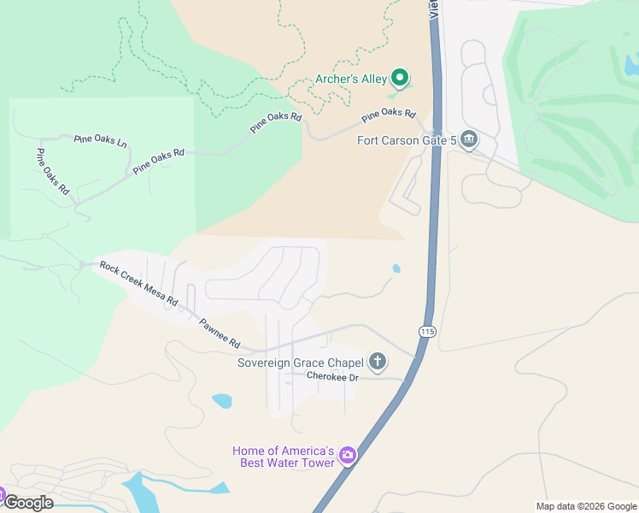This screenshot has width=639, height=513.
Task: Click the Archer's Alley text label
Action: tap(351, 80)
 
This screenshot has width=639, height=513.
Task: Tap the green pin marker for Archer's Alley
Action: tap(399, 79)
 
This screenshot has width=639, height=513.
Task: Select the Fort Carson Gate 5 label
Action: tap(406, 140)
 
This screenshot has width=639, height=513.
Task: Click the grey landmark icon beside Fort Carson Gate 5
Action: tap(468, 139)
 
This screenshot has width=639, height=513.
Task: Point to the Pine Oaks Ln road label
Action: tap(100, 139)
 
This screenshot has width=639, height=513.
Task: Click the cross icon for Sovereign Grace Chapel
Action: tap(378, 362)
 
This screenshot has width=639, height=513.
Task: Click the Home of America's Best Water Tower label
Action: tap(283, 457)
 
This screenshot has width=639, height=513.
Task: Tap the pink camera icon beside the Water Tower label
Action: tap(347, 455)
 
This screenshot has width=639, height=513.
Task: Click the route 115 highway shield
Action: tap(428, 331)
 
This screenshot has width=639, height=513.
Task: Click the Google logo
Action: tap(28, 502)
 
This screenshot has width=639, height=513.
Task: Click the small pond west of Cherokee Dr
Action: tap(221, 400)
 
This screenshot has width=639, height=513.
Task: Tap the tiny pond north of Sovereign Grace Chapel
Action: tap(396, 268)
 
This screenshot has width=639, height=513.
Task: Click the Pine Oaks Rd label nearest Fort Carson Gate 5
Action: tap(388, 115)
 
